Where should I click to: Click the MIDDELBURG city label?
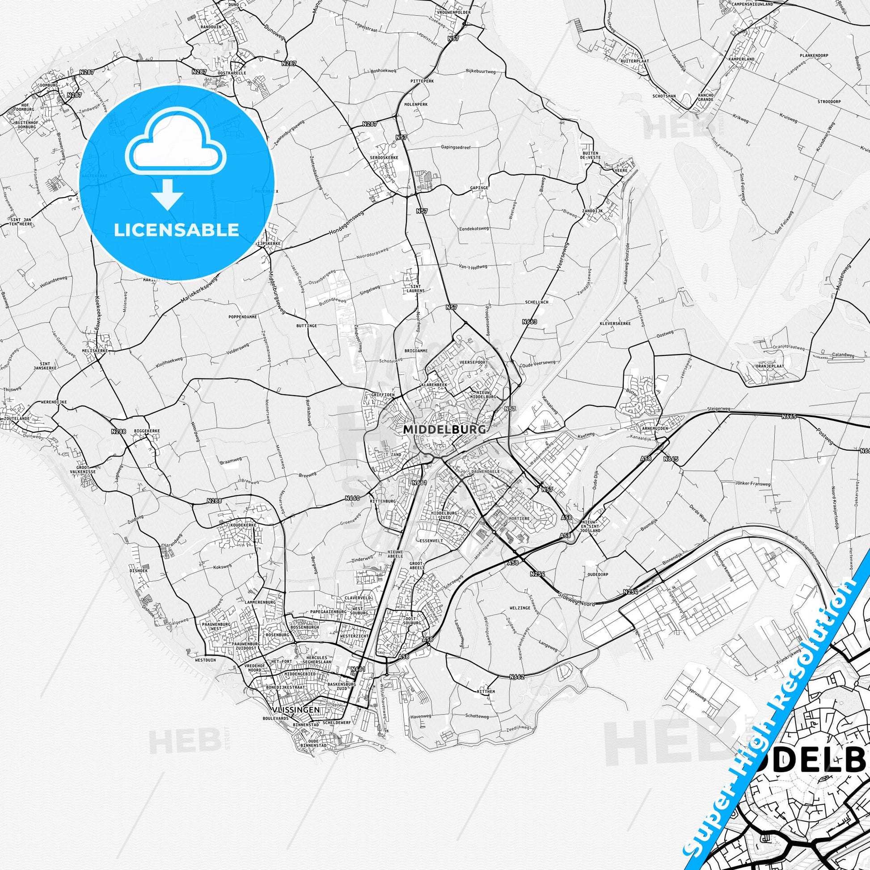coord(444,430)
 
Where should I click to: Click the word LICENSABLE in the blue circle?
coord(177,230)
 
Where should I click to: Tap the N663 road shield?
coord(530,322)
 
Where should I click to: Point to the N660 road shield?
coord(353,498)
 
